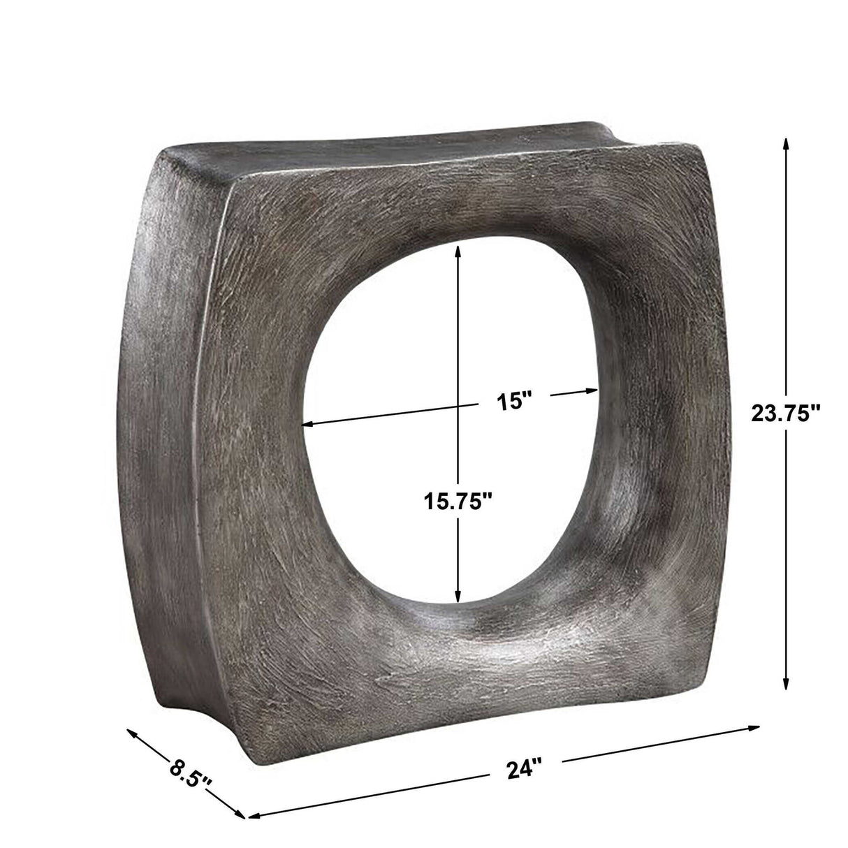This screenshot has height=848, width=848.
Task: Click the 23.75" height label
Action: tap(784, 414)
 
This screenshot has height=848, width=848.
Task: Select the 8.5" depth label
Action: tap(191, 776)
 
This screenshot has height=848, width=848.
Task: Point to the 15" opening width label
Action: tap(515, 402)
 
